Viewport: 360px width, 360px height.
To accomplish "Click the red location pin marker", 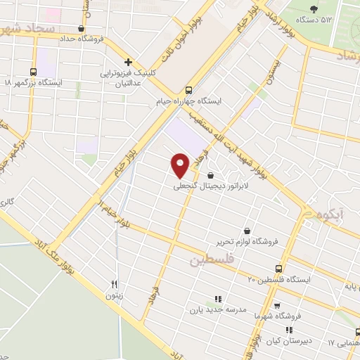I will (x=181, y=165).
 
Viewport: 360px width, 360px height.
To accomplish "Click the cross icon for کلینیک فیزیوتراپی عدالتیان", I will (x=127, y=62).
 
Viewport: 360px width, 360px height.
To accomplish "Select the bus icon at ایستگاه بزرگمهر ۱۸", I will (x=33, y=72).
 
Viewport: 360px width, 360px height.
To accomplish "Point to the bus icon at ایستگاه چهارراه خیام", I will (x=188, y=90).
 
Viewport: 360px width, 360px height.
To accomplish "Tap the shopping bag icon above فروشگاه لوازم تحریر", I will (x=247, y=230).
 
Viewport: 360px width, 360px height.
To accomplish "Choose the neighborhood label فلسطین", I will (x=209, y=261).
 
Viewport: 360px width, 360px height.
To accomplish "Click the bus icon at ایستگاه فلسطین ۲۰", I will (x=279, y=269).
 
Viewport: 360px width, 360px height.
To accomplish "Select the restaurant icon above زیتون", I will (x=114, y=284).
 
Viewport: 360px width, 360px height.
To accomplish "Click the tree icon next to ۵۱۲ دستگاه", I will (x=313, y=9).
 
